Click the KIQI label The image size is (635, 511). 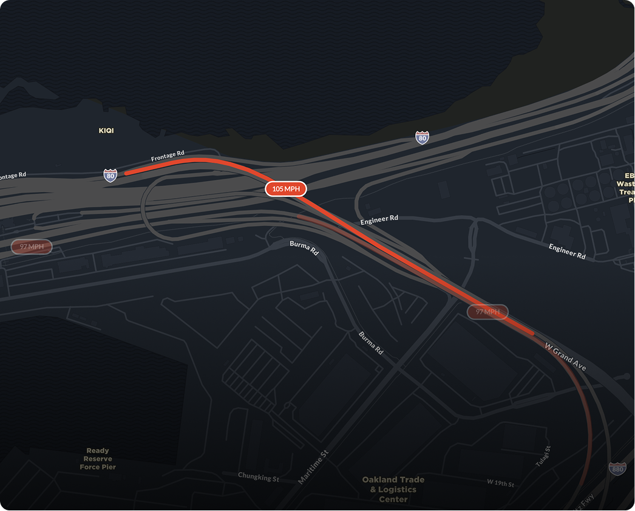pos(106,131)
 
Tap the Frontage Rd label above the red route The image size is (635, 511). pos(168,156)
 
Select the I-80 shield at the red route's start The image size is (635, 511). pos(110,176)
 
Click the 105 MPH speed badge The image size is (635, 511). pos(286,189)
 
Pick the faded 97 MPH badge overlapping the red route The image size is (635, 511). pos(487,312)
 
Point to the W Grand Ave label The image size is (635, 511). pos(565,357)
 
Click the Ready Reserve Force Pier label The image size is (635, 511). pos(98,459)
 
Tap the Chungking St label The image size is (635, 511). pos(259,478)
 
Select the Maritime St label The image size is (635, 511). pos(313,467)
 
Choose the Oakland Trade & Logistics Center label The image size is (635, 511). pos(393,489)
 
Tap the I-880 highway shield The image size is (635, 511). pos(617,468)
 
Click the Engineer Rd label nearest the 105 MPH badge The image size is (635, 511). pos(379,219)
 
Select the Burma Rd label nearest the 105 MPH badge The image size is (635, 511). pos(304,247)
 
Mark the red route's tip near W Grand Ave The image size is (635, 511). pos(533,333)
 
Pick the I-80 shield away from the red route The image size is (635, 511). pos(422,137)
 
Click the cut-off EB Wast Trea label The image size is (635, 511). pos(627,187)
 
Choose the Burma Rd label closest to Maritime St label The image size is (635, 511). pos(370,343)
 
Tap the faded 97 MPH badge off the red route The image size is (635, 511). pos(32,247)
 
